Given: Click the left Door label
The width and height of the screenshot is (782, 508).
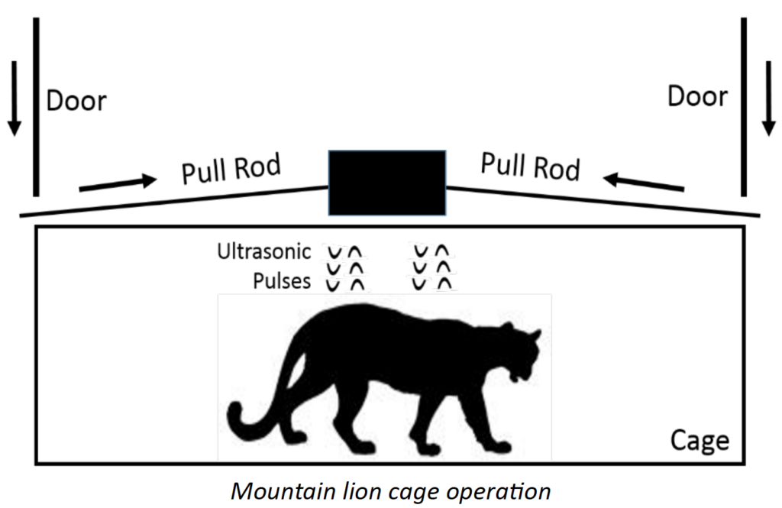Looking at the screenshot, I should point(76,101).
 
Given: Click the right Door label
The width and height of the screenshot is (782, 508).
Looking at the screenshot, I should point(697,97).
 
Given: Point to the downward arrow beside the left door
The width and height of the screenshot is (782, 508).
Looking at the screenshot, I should point(13,107).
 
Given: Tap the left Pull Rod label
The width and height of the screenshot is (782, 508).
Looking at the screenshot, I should point(231,167).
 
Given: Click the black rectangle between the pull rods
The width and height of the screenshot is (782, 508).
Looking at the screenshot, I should point(387,183).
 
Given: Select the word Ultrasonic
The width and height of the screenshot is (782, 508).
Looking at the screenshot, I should point(264,251).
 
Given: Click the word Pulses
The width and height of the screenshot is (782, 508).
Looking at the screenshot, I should point(282,281).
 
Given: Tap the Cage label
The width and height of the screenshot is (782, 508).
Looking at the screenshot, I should point(699,441).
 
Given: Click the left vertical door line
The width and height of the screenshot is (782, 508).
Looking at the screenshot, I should point(35,107).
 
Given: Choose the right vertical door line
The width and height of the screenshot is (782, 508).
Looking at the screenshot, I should point(743,107).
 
